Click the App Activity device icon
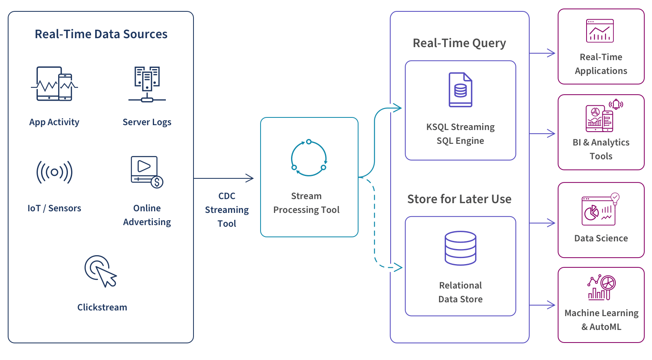[54, 84]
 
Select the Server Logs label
[147, 122]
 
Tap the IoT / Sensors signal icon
[54, 172]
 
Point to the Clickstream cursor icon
[101, 271]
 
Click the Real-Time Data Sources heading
[101, 34]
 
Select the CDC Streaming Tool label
[227, 210]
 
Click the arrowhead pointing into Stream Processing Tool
[250, 178]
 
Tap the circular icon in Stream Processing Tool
[309, 158]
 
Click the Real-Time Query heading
[459, 43]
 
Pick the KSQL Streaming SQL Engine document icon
[460, 90]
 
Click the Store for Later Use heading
[459, 199]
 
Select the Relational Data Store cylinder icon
[460, 248]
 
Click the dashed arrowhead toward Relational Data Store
[398, 267]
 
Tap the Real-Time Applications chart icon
[600, 31]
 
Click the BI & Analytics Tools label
[601, 149]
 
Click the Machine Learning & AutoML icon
[602, 288]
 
